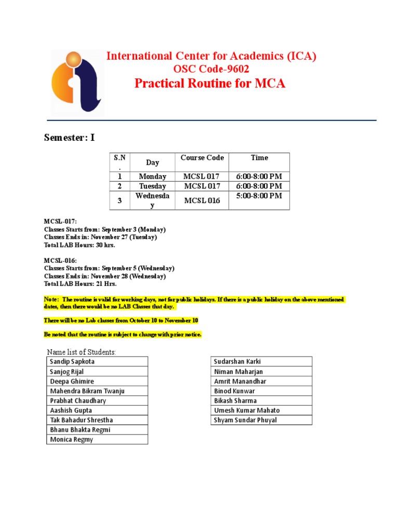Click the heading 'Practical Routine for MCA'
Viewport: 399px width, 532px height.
(210, 84)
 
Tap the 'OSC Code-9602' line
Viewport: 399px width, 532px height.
(211, 70)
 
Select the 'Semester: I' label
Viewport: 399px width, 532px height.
(69, 138)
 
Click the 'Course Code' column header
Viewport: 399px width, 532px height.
(202, 158)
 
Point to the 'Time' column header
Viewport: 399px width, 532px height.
(259, 158)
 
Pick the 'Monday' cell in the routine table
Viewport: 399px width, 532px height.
(152, 177)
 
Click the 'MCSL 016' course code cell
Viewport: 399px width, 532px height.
(202, 201)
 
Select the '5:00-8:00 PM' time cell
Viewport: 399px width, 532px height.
(259, 196)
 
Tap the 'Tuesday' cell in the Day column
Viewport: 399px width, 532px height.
(152, 186)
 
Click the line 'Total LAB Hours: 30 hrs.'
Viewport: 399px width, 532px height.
(79, 245)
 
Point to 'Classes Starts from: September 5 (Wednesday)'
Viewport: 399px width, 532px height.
(109, 268)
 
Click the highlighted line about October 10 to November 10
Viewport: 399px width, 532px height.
(121, 321)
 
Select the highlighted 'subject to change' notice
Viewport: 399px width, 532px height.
(123, 334)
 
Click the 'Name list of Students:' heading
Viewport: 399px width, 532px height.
(82, 352)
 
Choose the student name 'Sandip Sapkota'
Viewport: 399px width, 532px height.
(72, 362)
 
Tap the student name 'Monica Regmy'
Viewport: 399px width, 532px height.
(72, 440)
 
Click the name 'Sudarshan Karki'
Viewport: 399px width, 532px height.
(237, 362)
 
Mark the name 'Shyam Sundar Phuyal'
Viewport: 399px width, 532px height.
(245, 420)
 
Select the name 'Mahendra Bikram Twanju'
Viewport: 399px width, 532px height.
(87, 391)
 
